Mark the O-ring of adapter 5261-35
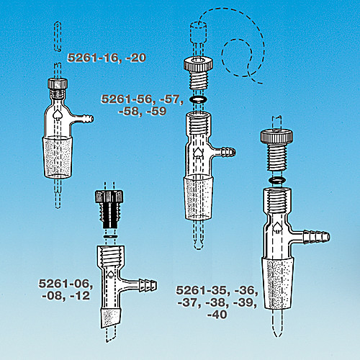coord(277,178)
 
